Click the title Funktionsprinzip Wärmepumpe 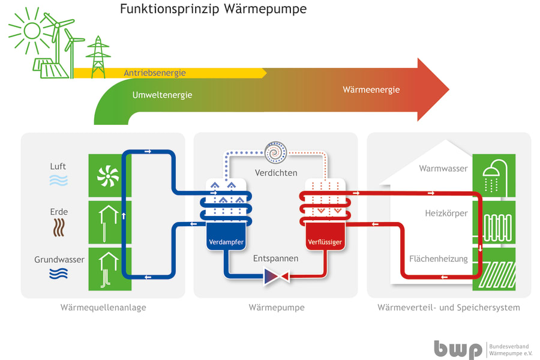click(213, 9)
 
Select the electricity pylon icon click(98, 56)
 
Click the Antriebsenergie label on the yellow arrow click(155, 73)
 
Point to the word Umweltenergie click(162, 95)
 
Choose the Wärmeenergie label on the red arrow click(371, 90)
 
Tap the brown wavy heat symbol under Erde click(59, 227)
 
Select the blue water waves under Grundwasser click(59, 274)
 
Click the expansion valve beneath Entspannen click(276, 276)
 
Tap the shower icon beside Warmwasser click(493, 175)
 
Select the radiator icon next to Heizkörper click(493, 223)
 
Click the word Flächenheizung click(438, 259)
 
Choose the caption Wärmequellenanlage click(103, 308)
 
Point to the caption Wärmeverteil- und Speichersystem click(449, 308)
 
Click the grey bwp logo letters click(458, 349)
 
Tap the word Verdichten click(276, 173)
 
